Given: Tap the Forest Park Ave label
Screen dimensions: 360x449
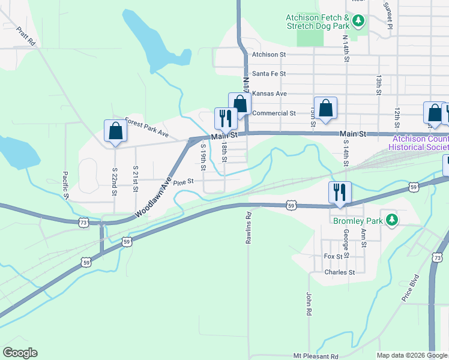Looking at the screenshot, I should point(147,127).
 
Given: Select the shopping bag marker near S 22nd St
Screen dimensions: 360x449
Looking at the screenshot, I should point(115,131).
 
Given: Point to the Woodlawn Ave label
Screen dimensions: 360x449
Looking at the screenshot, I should point(153,197).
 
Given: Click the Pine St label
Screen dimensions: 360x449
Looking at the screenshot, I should point(184,181).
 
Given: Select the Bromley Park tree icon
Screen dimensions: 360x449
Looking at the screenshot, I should point(392,221).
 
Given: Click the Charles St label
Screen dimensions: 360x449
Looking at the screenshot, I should point(340,272).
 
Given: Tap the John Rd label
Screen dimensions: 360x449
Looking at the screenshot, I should point(309,304).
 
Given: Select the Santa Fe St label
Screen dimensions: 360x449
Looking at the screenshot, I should point(269,74).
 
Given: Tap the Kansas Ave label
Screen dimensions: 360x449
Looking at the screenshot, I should point(270,94).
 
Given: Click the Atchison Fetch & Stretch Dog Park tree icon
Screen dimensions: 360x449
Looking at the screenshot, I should point(358,22).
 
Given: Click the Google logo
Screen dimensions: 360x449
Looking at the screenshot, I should point(20,353).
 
